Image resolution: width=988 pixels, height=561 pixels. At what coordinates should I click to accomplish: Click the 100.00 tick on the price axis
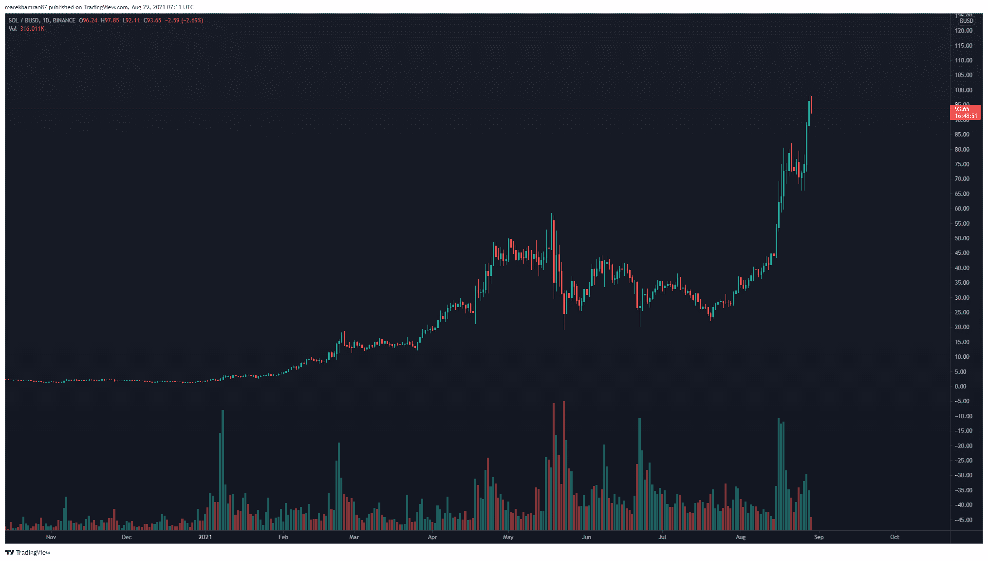[963, 90]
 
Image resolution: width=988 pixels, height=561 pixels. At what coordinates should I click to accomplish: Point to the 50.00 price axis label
[962, 238]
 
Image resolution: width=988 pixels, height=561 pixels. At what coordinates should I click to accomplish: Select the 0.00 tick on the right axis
[960, 387]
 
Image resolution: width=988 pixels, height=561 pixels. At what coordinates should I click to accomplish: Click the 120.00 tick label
[963, 31]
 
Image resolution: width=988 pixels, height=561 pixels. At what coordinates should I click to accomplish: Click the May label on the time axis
[508, 537]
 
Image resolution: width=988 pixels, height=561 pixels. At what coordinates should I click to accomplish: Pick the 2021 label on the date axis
[205, 537]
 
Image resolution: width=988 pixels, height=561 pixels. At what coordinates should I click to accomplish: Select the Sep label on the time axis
[819, 537]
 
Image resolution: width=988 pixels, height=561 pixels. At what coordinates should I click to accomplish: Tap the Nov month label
[51, 537]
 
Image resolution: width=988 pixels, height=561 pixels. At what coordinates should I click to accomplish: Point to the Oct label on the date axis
[895, 537]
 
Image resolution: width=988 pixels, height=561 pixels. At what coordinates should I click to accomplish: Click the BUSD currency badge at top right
[966, 21]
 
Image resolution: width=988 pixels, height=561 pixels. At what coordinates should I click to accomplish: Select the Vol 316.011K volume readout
[26, 29]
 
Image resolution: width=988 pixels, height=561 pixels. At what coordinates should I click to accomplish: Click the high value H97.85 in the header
[110, 20]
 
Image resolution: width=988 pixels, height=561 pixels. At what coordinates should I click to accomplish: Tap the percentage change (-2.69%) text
[192, 20]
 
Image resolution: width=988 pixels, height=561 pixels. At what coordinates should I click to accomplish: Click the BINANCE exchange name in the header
[64, 20]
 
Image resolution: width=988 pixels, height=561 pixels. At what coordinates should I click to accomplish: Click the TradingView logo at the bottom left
[28, 552]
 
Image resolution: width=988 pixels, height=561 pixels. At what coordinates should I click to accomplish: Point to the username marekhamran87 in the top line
[26, 7]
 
